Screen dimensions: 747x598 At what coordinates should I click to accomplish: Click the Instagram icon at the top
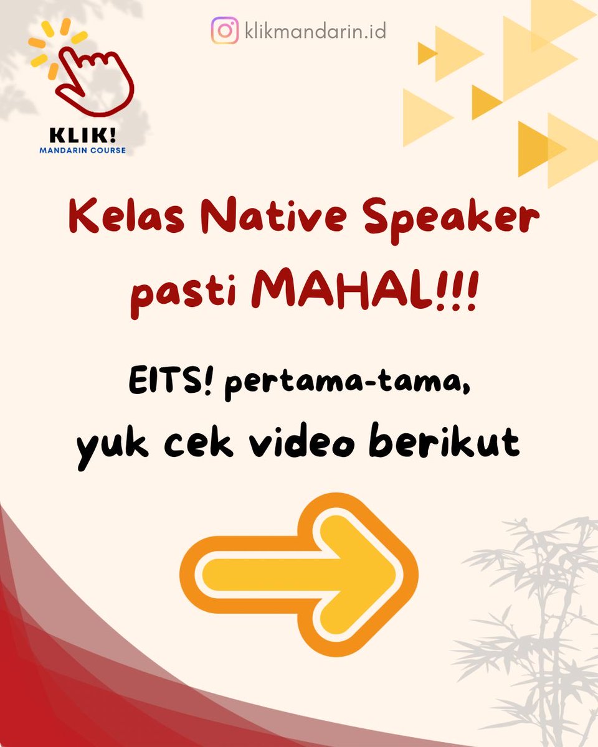click(224, 31)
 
